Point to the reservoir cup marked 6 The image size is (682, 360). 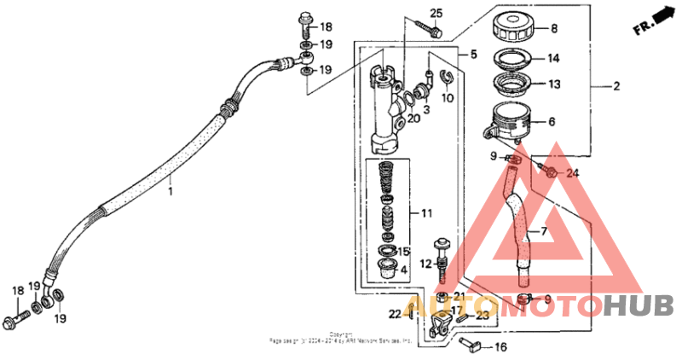click(x=509, y=121)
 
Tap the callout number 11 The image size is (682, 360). click(x=417, y=212)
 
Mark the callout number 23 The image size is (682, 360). click(x=483, y=315)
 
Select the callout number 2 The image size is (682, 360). click(x=616, y=86)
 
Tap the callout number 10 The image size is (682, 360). click(x=448, y=98)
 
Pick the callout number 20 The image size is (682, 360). click(x=413, y=118)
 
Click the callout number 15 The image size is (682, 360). click(x=403, y=252)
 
